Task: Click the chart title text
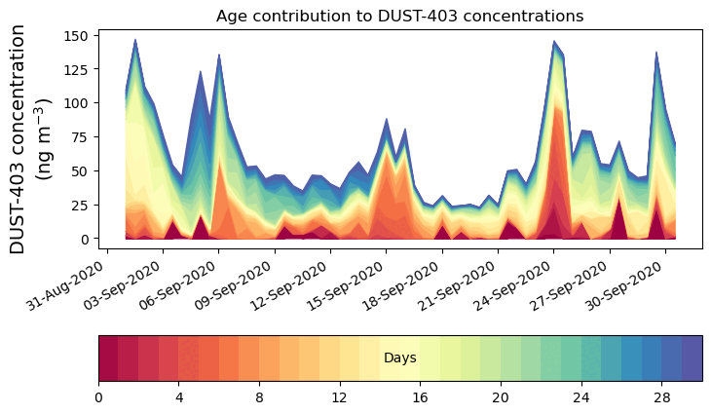399,16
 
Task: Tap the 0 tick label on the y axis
85,239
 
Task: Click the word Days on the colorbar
400,358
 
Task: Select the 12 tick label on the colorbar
340,397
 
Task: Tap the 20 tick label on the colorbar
501,397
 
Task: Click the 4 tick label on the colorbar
179,397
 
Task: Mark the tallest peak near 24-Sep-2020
554,41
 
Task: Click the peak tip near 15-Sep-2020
387,119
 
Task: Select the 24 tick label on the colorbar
581,397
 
